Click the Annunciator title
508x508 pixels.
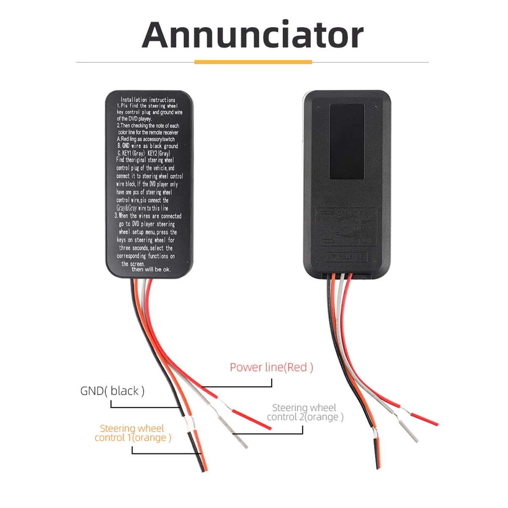[253, 35]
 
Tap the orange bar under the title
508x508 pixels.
[253, 62]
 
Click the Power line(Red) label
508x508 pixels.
[271, 367]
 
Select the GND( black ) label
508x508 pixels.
[112, 391]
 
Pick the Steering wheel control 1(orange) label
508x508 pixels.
[133, 433]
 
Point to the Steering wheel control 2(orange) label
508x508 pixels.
[305, 412]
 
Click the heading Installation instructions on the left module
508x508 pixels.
[148, 100]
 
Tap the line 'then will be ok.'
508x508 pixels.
[151, 269]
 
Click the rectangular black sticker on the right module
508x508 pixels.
[347, 141]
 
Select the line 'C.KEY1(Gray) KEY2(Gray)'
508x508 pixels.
[144, 153]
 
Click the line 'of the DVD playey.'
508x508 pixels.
[134, 119]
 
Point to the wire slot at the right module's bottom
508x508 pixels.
[347, 276]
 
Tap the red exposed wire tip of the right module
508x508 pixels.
[425, 419]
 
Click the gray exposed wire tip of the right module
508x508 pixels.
[409, 432]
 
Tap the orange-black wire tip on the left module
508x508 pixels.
[199, 453]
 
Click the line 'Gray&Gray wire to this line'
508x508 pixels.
[142, 208]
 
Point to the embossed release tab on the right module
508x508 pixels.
[346, 257]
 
